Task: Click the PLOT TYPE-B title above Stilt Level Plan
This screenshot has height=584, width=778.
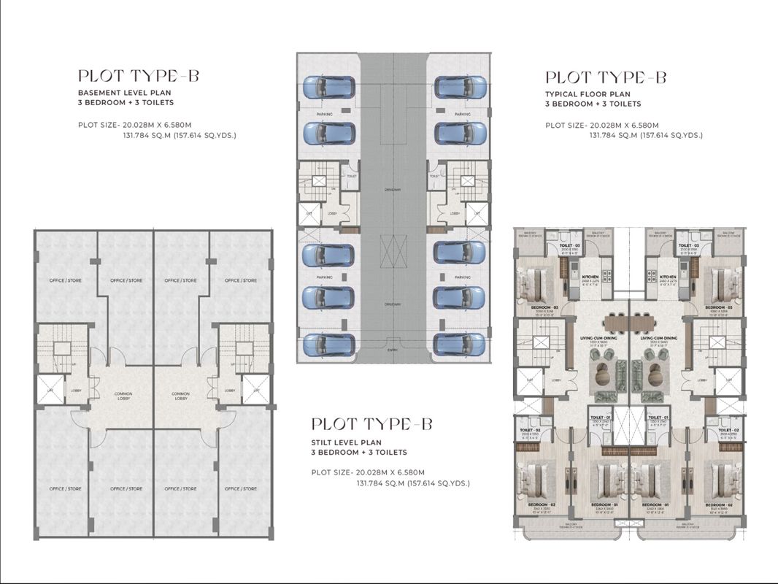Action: [372, 424]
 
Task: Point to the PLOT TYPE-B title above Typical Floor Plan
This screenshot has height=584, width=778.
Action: [606, 77]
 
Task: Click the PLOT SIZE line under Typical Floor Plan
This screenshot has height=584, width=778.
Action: [602, 125]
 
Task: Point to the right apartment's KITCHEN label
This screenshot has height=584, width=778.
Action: [668, 277]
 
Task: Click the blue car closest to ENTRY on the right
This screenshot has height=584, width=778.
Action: [459, 344]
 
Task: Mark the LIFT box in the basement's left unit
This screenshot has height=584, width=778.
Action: [50, 390]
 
